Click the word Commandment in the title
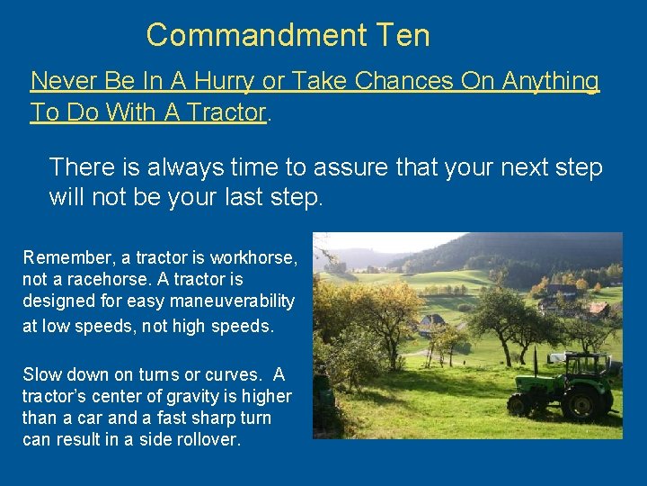click(x=256, y=36)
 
